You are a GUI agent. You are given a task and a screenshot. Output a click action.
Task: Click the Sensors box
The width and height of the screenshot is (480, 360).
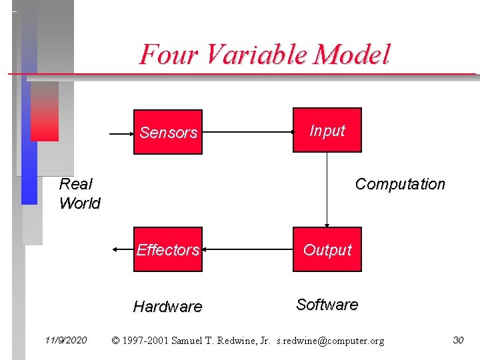pos(168,132)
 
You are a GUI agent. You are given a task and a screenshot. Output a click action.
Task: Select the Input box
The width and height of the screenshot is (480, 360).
pos(327,130)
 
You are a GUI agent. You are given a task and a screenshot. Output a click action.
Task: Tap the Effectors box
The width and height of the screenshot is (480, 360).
pos(167,249)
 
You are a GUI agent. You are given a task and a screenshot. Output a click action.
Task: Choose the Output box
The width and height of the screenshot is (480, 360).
pos(327,249)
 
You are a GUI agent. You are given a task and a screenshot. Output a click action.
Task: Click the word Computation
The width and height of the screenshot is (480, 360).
pos(400,184)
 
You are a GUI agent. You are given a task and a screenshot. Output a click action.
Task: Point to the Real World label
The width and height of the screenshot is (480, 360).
pos(79,193)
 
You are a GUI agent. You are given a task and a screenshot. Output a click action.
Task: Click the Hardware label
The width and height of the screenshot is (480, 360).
pos(167,307)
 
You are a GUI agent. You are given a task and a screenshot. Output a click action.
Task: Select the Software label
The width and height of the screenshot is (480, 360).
pos(327,305)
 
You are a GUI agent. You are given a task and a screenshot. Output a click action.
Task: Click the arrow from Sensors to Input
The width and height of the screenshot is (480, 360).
pos(247,133)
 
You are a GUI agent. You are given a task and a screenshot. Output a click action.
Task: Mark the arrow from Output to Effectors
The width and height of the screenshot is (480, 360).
pos(247,250)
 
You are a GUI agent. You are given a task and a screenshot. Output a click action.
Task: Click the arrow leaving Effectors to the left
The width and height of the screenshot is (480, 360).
pos(123,249)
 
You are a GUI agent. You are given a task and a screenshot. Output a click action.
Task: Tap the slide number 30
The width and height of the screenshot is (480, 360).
pos(458,341)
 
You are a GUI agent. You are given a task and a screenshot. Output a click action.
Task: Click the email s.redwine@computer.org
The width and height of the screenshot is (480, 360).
pos(330,341)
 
